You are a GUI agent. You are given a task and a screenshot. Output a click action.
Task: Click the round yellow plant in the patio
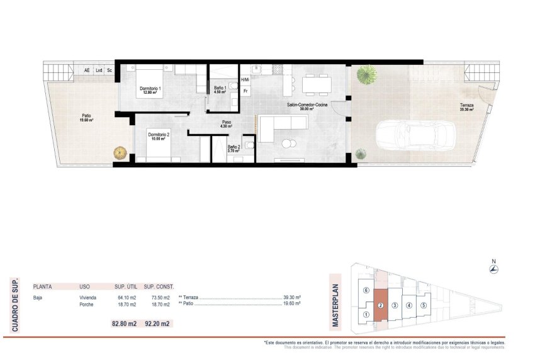[119, 152]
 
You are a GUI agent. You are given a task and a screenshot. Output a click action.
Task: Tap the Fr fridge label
[245, 91]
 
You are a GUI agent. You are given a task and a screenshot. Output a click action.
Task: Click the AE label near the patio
[87, 70]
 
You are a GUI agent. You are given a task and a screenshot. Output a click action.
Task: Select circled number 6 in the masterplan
[366, 291]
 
